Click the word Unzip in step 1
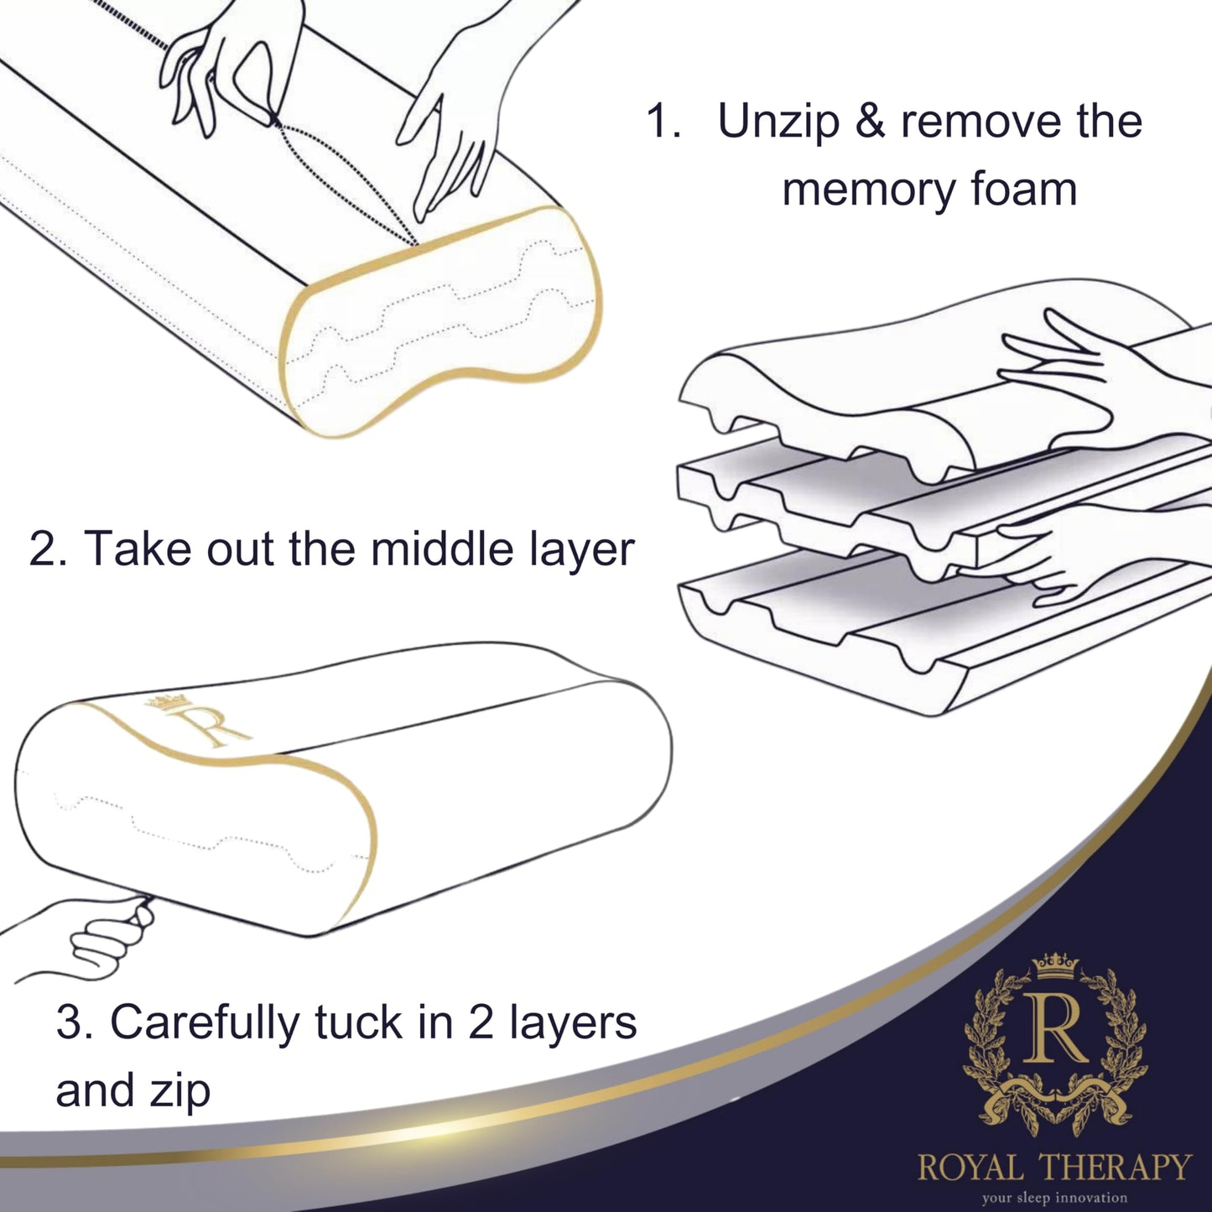click(x=778, y=122)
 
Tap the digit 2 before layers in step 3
click(x=480, y=1024)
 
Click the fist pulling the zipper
click(x=105, y=935)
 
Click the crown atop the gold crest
click(x=1055, y=965)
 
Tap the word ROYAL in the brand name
click(x=970, y=1168)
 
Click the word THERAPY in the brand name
click(x=1116, y=1168)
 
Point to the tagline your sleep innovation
click(x=1055, y=1198)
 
